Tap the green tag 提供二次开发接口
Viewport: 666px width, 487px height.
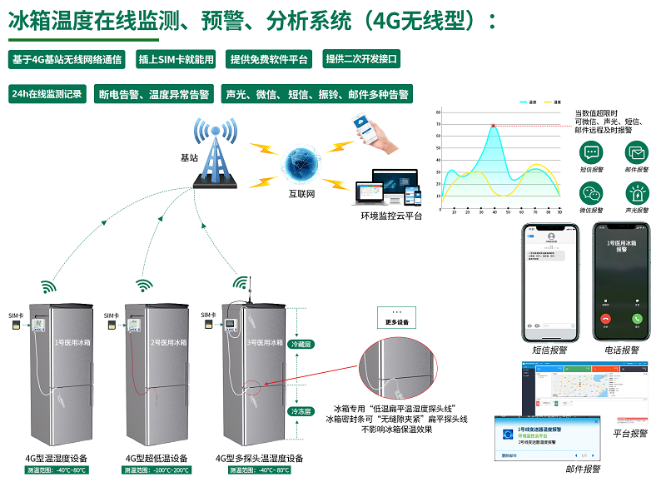pyautogui.click(x=362, y=59)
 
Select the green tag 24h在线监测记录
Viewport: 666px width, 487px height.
pyautogui.click(x=47, y=94)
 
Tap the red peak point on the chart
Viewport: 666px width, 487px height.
pyautogui.click(x=494, y=126)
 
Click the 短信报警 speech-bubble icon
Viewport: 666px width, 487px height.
pyautogui.click(x=591, y=153)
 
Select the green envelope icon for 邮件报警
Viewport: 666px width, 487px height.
pyautogui.click(x=637, y=153)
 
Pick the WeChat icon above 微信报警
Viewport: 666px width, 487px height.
pyautogui.click(x=591, y=193)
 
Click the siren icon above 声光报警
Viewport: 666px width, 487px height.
pyautogui.click(x=637, y=193)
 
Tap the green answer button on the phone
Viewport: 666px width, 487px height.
pyautogui.click(x=637, y=318)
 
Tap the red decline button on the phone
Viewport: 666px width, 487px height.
pyautogui.click(x=605, y=318)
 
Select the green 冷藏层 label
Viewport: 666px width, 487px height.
pyautogui.click(x=300, y=343)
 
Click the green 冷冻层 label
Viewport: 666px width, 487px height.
pyautogui.click(x=300, y=411)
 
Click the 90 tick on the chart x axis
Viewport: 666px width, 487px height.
pyautogui.click(x=559, y=213)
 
